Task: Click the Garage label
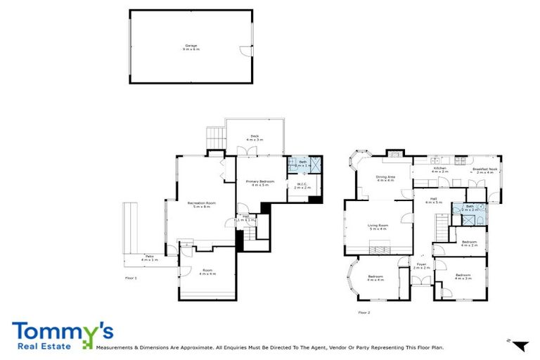[x=191, y=46]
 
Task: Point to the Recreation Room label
[x=201, y=205]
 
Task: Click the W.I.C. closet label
[x=302, y=186]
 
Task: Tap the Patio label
[x=149, y=258]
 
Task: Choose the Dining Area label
[x=385, y=179]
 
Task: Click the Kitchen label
[x=440, y=169]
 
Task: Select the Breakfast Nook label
[x=485, y=169]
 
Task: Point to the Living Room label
[x=378, y=227]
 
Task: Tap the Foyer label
[x=420, y=266]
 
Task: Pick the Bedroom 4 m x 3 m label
[x=463, y=276]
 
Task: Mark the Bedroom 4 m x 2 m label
[x=469, y=243]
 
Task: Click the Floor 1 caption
[x=131, y=278]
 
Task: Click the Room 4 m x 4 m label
[x=207, y=272]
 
